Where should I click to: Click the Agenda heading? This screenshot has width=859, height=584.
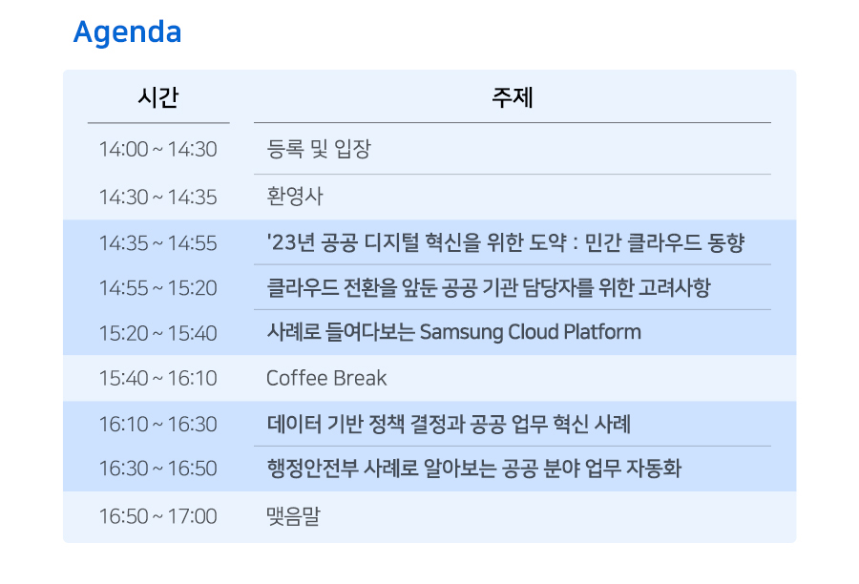pos(127,32)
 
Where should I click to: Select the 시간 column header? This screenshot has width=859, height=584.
pos(158,97)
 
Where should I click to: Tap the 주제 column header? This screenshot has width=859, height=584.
pos(513,97)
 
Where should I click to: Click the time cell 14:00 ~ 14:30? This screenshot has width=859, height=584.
pos(157,149)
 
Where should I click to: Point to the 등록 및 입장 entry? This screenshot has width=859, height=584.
pos(319,149)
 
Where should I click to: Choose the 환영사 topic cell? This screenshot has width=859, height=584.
pos(295,197)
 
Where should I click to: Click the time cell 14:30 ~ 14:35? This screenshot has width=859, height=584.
pos(157,198)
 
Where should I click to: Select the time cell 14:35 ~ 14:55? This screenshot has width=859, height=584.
pos(157,243)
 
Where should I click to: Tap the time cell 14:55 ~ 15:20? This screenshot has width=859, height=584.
pos(157,288)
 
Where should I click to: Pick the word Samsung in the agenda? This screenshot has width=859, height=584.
pos(461,332)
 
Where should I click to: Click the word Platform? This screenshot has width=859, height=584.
pos(602,332)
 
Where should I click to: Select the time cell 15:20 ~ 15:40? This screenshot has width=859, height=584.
pos(157,333)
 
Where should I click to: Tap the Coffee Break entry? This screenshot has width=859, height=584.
pos(326,378)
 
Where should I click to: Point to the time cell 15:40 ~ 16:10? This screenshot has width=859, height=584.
pos(157,378)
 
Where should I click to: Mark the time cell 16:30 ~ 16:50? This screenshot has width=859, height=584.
pos(157,469)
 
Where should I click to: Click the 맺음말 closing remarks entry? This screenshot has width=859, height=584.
pos(293,515)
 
